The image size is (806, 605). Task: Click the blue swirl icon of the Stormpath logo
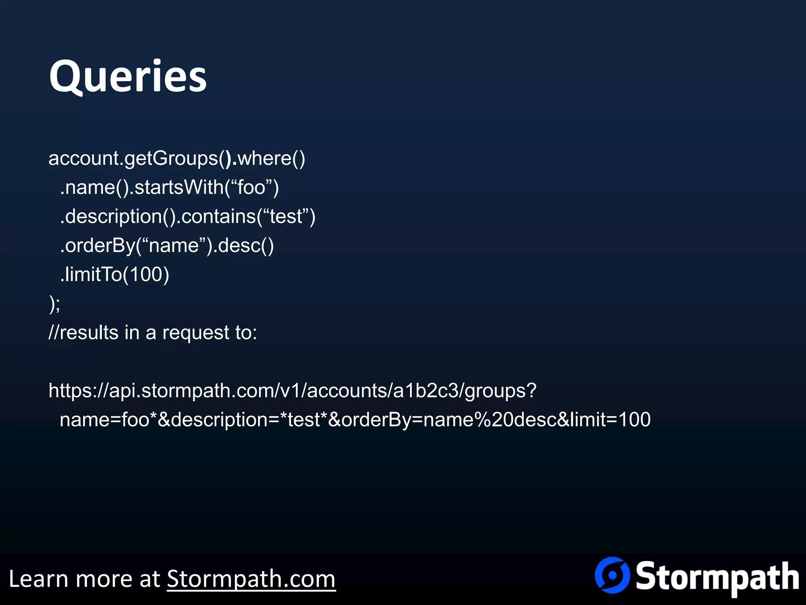click(x=612, y=575)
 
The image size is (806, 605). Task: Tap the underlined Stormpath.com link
click(x=251, y=579)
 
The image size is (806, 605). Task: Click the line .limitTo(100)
click(x=115, y=274)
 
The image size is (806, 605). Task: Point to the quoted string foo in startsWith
click(x=251, y=187)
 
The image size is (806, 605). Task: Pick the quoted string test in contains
click(x=286, y=216)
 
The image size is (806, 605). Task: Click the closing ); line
click(x=54, y=304)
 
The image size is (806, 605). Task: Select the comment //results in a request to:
click(x=153, y=332)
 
